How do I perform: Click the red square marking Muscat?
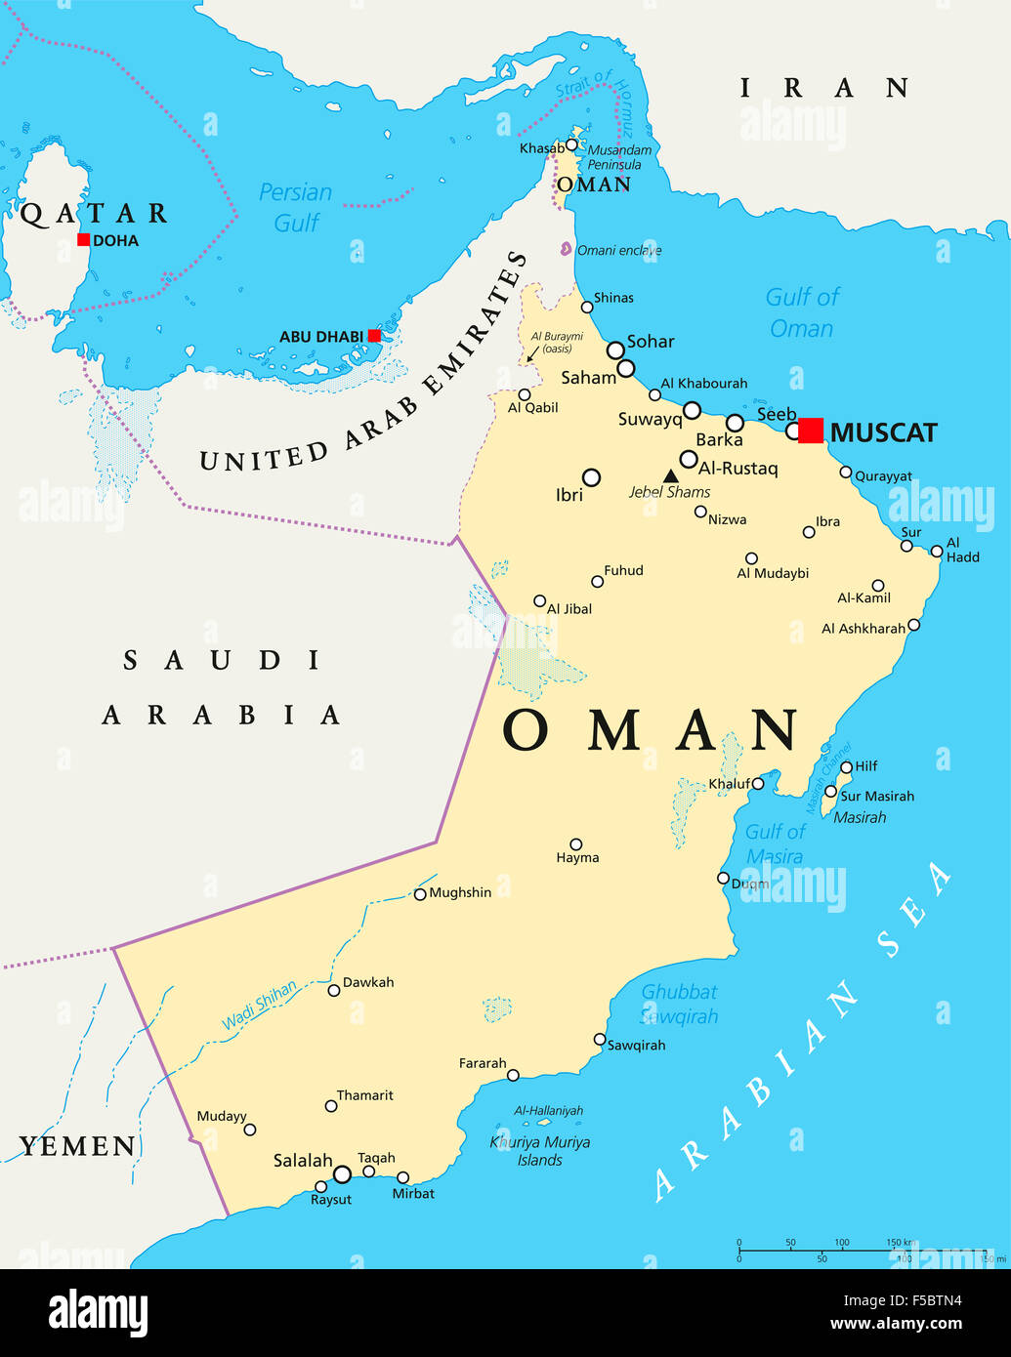811,431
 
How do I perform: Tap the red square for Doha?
84,240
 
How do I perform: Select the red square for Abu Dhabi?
374,336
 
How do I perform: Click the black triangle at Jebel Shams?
671,476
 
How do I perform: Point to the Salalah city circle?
342,1174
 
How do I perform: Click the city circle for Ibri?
591,477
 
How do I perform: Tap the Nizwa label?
727,519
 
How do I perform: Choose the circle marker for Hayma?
576,844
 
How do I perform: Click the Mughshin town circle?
420,894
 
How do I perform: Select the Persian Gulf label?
295,207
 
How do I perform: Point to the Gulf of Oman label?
801,312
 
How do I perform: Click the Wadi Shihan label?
259,1006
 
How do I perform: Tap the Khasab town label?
541,148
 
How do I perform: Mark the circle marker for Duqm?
723,879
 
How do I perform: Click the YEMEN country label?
78,1146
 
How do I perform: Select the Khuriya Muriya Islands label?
540,1151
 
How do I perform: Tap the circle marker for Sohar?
615,350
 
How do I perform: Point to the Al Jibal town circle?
539,601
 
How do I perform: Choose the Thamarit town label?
365,1095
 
